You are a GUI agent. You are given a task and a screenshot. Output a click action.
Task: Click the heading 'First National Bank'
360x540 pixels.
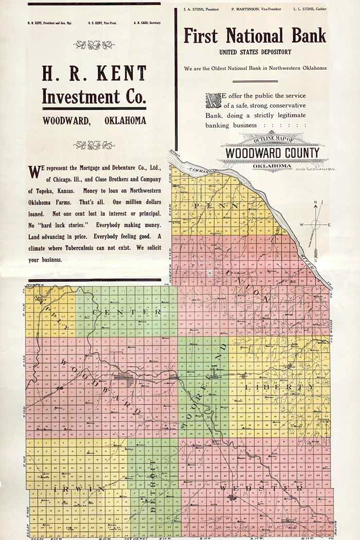[255, 36]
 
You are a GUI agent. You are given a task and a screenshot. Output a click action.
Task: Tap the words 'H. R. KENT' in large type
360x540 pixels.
[94, 74]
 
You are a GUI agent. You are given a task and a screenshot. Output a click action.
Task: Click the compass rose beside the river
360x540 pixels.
[315, 224]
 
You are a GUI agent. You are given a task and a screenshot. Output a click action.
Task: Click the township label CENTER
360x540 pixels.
[127, 312]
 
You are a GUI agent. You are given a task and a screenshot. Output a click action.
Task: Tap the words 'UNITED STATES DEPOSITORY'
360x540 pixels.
[255, 52]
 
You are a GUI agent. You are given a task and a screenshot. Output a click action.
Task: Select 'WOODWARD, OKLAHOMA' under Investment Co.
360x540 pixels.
[94, 121]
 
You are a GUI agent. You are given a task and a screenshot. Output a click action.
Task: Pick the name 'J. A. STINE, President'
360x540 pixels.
[201, 9]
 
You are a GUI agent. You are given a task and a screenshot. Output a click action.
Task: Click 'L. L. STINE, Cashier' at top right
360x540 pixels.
[310, 9]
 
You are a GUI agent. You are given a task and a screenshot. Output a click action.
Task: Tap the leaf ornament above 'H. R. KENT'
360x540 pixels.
[94, 45]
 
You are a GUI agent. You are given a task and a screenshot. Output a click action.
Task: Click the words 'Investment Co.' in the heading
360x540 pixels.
[94, 97]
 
